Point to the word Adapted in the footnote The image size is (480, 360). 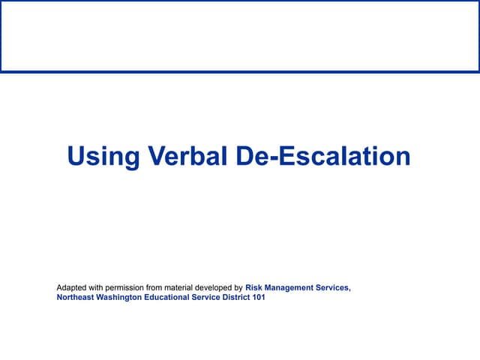click(72, 287)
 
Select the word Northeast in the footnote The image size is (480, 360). click(76, 298)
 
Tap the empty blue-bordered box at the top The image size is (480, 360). click(240, 36)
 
